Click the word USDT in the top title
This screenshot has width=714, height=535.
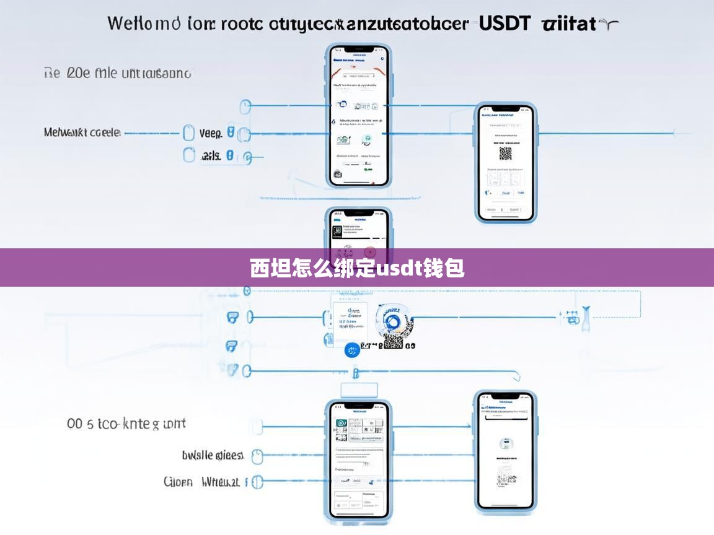click(x=505, y=24)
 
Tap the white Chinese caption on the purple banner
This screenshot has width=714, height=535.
click(x=357, y=268)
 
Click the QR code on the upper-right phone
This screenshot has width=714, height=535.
click(x=506, y=153)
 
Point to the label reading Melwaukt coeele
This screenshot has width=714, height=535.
click(x=82, y=133)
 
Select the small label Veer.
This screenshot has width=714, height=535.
click(x=210, y=133)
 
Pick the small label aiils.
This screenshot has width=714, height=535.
click(x=211, y=156)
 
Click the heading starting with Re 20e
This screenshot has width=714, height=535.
click(x=118, y=73)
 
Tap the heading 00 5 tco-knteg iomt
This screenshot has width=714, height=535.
click(x=126, y=424)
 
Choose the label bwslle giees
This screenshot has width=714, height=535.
click(x=213, y=456)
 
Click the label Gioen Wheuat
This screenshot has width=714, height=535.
click(x=201, y=482)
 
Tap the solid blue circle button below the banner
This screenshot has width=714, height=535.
click(x=352, y=350)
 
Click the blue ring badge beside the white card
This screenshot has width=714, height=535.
click(x=392, y=320)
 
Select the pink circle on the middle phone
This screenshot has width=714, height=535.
click(x=370, y=252)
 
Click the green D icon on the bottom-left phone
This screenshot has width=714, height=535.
click(x=340, y=424)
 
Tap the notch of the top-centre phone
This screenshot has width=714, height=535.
click(x=359, y=49)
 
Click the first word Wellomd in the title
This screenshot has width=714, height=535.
click(x=144, y=24)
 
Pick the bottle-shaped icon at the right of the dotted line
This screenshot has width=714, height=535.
click(x=584, y=316)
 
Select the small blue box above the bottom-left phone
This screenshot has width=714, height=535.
click(x=359, y=389)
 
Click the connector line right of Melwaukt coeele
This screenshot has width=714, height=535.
click(x=152, y=133)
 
